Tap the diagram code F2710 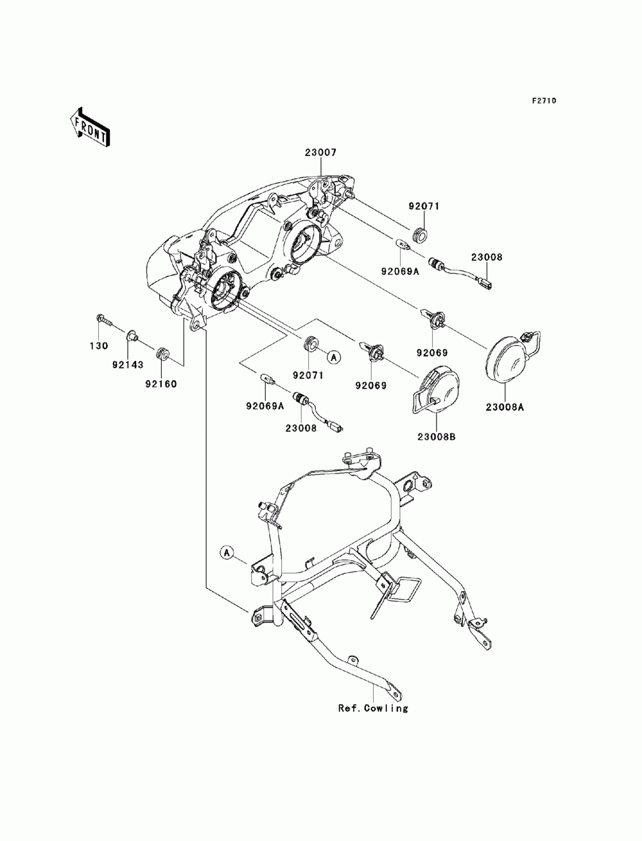544,101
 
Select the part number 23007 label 321,152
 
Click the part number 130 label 99,346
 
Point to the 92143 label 128,365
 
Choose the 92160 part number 161,384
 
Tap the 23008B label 437,436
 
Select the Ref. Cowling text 373,708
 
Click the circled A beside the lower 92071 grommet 333,357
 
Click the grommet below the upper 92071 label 422,235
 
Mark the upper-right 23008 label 487,257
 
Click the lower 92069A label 265,406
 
